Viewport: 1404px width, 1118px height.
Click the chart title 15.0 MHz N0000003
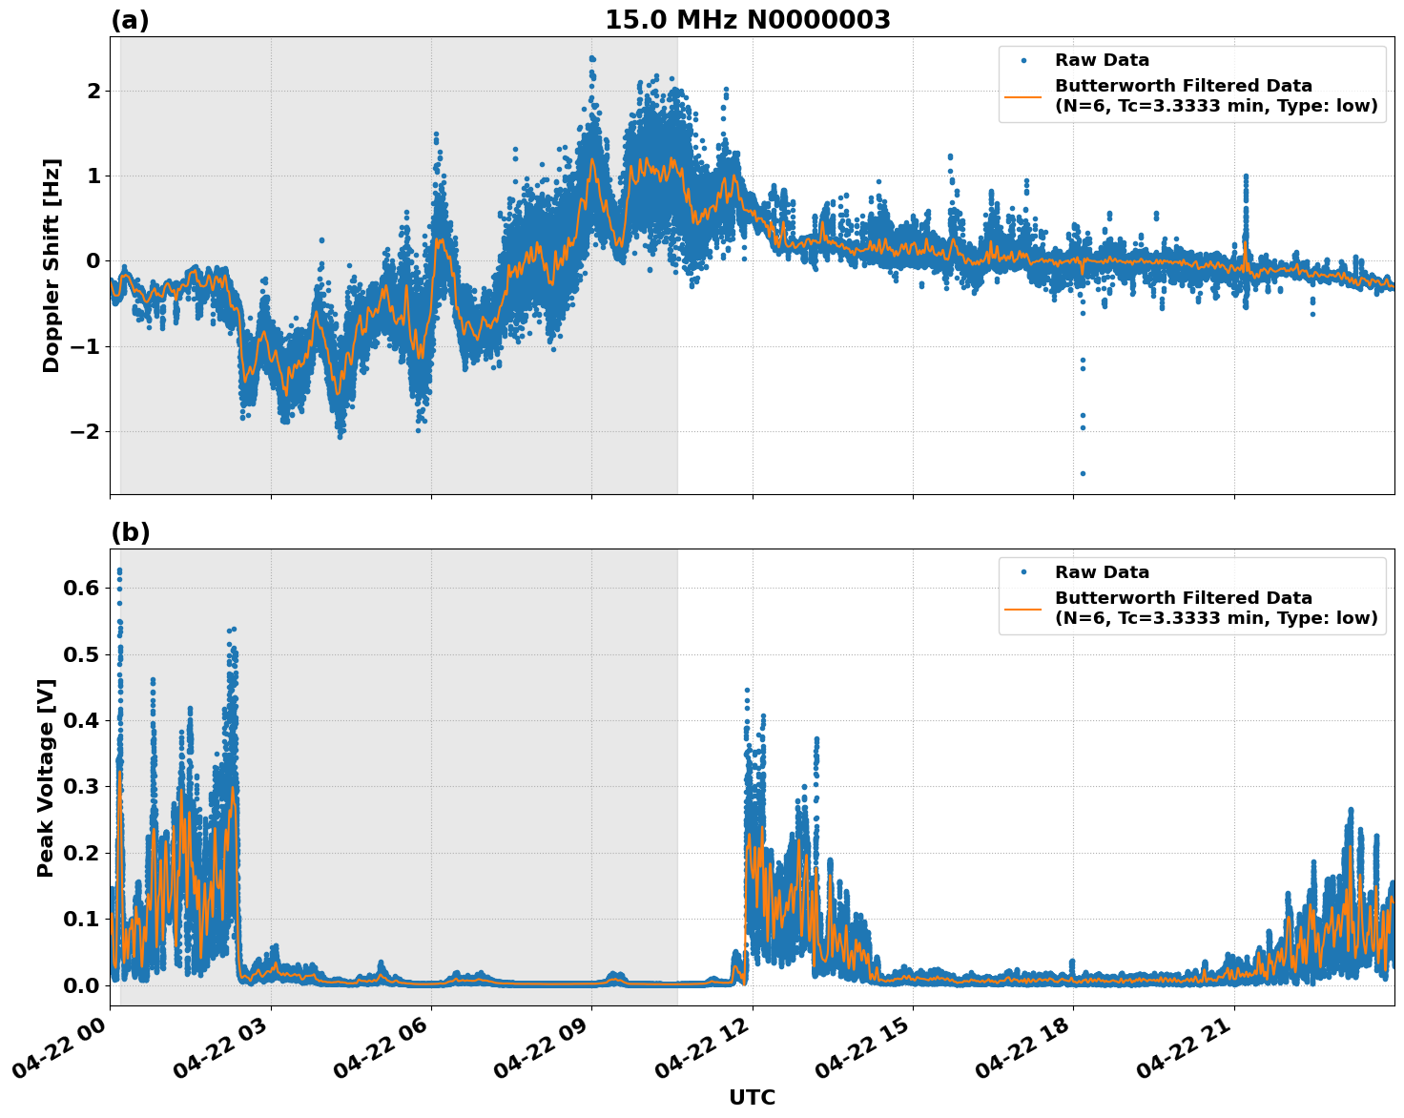pos(747,20)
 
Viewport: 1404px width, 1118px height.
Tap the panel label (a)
pos(130,20)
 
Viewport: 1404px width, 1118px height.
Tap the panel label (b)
pos(130,532)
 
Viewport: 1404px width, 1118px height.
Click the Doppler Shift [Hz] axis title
pos(52,265)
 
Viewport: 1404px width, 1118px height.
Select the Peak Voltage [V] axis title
pos(46,777)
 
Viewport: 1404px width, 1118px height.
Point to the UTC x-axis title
pos(752,1097)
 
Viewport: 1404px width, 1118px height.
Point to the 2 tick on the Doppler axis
pos(93,91)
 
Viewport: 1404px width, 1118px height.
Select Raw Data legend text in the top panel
pos(1102,60)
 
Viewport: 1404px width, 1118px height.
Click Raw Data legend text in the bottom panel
pos(1102,572)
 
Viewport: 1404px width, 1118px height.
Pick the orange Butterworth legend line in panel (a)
pos(1022,95)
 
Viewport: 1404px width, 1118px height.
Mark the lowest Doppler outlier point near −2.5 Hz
pos(1083,473)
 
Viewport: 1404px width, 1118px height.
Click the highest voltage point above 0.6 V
pos(119,570)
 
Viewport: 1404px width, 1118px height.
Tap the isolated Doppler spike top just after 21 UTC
pos(1246,176)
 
